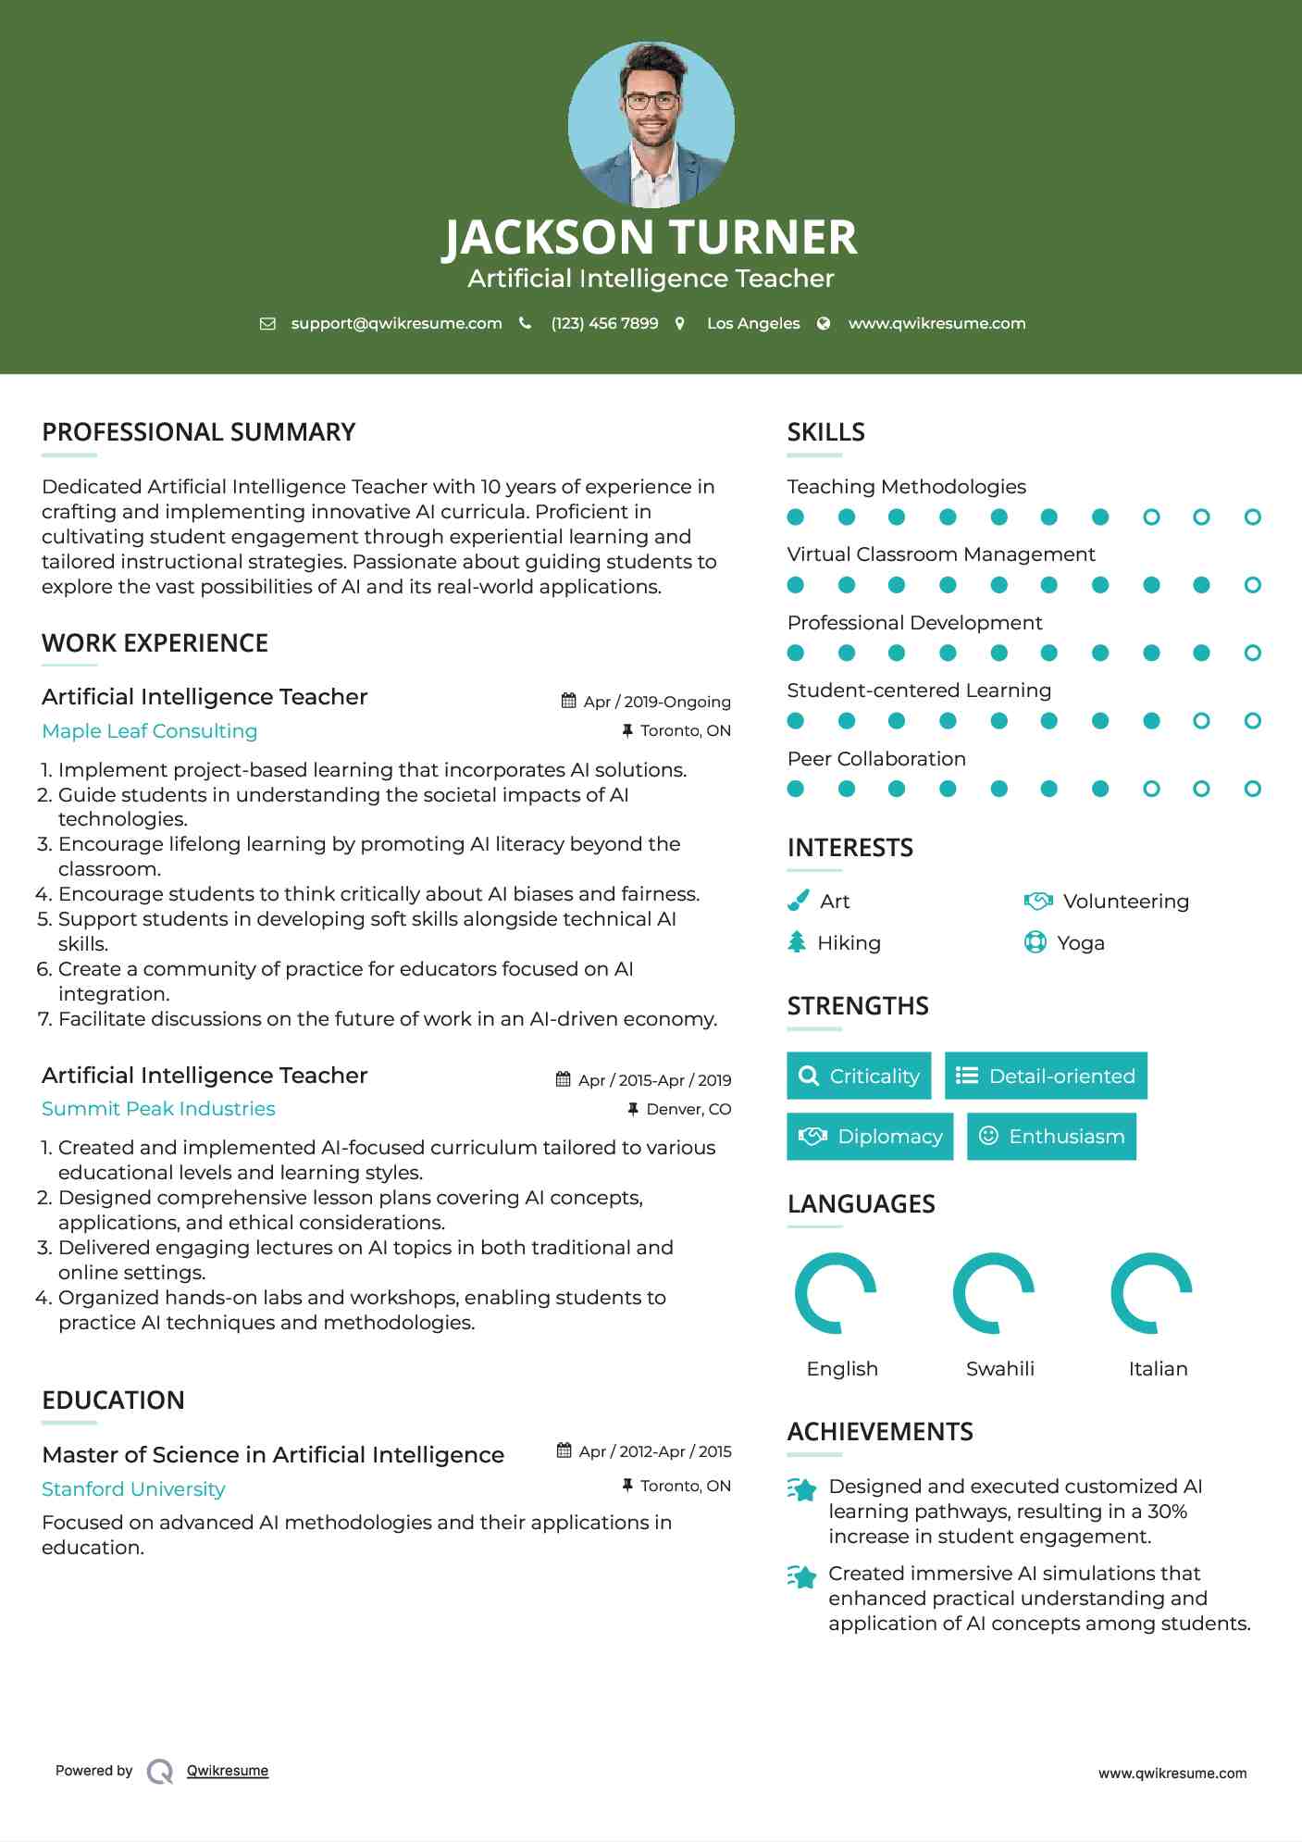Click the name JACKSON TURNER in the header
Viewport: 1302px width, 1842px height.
(x=651, y=237)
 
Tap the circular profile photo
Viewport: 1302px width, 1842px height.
(x=651, y=124)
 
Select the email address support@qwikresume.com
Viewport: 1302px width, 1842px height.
(x=396, y=323)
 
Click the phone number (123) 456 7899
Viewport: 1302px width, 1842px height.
(x=604, y=323)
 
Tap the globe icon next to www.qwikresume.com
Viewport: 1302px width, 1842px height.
(x=824, y=323)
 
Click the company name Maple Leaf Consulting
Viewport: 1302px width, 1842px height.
(x=149, y=731)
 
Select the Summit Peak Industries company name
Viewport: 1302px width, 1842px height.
(x=158, y=1109)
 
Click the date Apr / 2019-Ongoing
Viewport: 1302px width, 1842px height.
(x=656, y=702)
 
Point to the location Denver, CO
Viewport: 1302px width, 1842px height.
(x=688, y=1109)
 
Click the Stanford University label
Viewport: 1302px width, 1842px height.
(x=133, y=1489)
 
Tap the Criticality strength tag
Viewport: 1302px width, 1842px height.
(x=859, y=1076)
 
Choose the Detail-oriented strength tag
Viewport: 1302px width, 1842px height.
(x=1046, y=1076)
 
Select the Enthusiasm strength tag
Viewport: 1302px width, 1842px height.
(x=1051, y=1137)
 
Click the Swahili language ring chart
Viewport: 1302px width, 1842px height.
(x=994, y=1293)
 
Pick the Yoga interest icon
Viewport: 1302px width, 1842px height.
(x=1035, y=942)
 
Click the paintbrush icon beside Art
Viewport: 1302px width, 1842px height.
(x=798, y=901)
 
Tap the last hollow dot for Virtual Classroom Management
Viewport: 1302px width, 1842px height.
(x=1252, y=585)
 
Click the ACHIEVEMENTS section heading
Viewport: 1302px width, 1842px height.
(x=880, y=1432)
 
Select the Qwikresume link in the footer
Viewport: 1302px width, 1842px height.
(x=228, y=1771)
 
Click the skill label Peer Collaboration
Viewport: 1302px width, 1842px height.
(x=876, y=759)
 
